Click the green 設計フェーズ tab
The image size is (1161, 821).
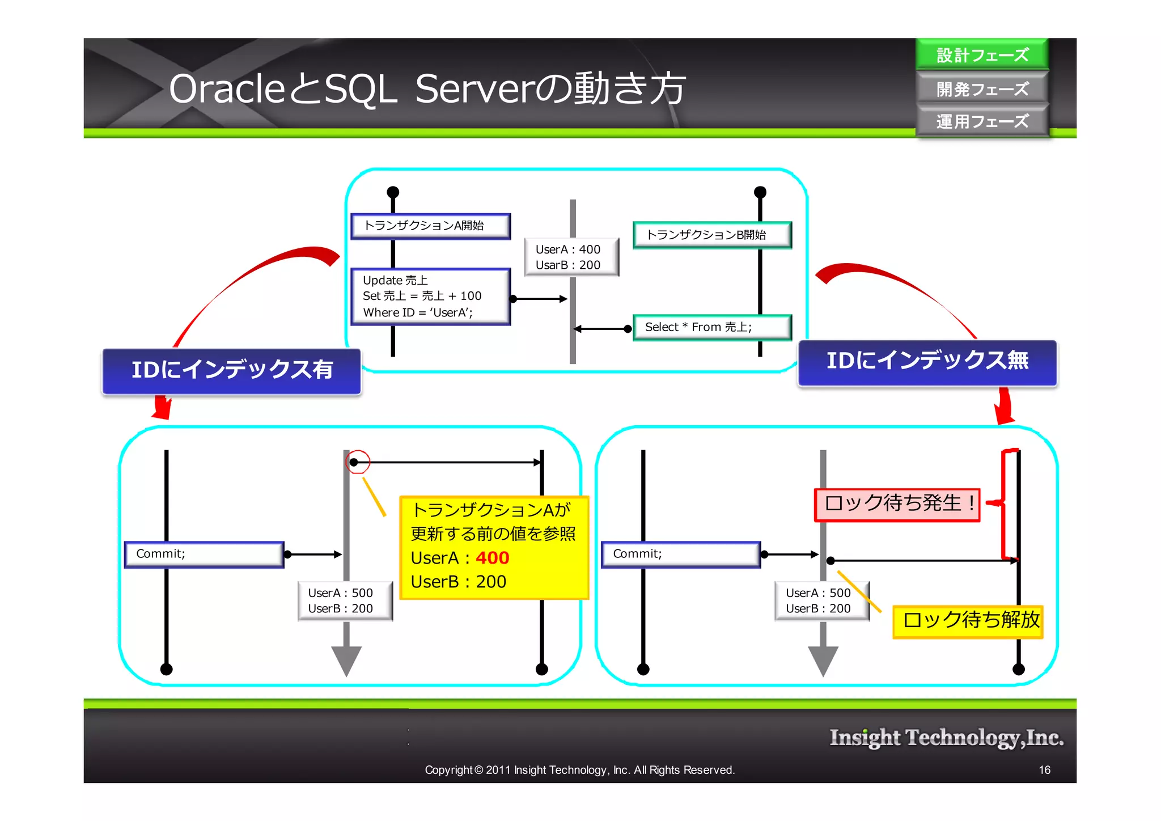982,55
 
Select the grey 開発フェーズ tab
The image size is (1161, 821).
982,88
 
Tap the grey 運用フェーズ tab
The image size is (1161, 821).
982,121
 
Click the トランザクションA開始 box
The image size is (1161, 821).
430,226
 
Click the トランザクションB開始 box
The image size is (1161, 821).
711,235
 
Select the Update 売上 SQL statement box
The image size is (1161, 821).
430,296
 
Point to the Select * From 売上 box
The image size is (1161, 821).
711,327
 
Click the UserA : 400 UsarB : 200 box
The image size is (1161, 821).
571,257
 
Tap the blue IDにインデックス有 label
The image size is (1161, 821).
231,370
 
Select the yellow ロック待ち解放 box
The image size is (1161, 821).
968,620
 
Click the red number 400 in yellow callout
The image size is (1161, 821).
492,558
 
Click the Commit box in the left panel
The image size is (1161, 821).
204,554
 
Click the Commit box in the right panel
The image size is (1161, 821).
680,554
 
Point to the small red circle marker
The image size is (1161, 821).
358,462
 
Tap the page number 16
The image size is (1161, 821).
1044,770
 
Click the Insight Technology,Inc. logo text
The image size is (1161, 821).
946,738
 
